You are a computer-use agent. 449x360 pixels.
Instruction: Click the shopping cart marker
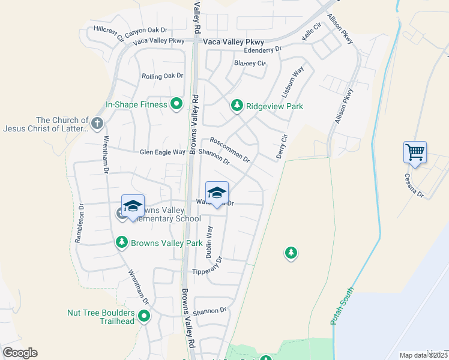point(415,152)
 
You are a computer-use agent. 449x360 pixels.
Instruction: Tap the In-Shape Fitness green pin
point(176,105)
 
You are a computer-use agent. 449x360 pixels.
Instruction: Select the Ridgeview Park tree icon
point(237,106)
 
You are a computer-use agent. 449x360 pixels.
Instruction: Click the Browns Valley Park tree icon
point(122,242)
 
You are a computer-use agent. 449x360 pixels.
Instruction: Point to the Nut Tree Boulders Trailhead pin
point(144,316)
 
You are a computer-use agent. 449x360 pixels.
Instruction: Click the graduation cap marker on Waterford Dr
point(217,193)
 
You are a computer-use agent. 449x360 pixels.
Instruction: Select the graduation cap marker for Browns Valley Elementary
point(133,206)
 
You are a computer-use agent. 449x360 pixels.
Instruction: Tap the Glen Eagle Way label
point(163,152)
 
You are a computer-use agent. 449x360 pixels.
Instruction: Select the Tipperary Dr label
point(207,268)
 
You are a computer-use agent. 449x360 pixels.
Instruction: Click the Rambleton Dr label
point(79,223)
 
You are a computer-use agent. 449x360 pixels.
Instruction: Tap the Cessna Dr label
point(414,186)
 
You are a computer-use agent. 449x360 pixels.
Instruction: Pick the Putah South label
point(343,307)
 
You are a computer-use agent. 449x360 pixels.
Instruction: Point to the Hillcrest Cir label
point(109,32)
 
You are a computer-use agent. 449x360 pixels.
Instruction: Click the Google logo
point(20,353)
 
